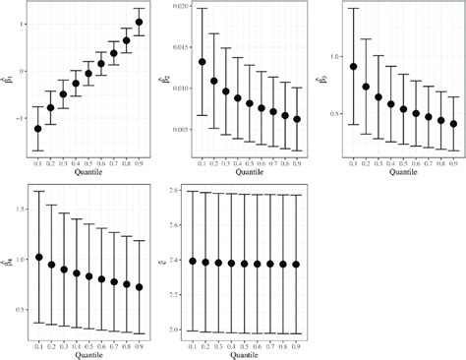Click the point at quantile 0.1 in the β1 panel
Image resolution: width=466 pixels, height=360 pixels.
[38, 129]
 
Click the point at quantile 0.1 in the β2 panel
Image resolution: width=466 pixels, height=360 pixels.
[203, 62]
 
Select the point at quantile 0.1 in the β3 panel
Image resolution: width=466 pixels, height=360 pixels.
[353, 66]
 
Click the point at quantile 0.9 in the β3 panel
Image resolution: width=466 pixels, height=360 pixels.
[453, 124]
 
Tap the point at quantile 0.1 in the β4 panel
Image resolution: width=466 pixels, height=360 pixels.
[38, 258]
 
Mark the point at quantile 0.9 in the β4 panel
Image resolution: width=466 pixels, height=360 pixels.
[139, 287]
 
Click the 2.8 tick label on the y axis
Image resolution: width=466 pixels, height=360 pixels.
[180, 190]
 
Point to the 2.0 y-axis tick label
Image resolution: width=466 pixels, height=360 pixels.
[180, 330]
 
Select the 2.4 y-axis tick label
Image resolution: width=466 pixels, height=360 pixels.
[180, 261]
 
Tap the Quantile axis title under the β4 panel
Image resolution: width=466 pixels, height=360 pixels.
[88, 352]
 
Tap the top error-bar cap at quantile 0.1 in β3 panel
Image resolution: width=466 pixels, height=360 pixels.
[353, 8]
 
